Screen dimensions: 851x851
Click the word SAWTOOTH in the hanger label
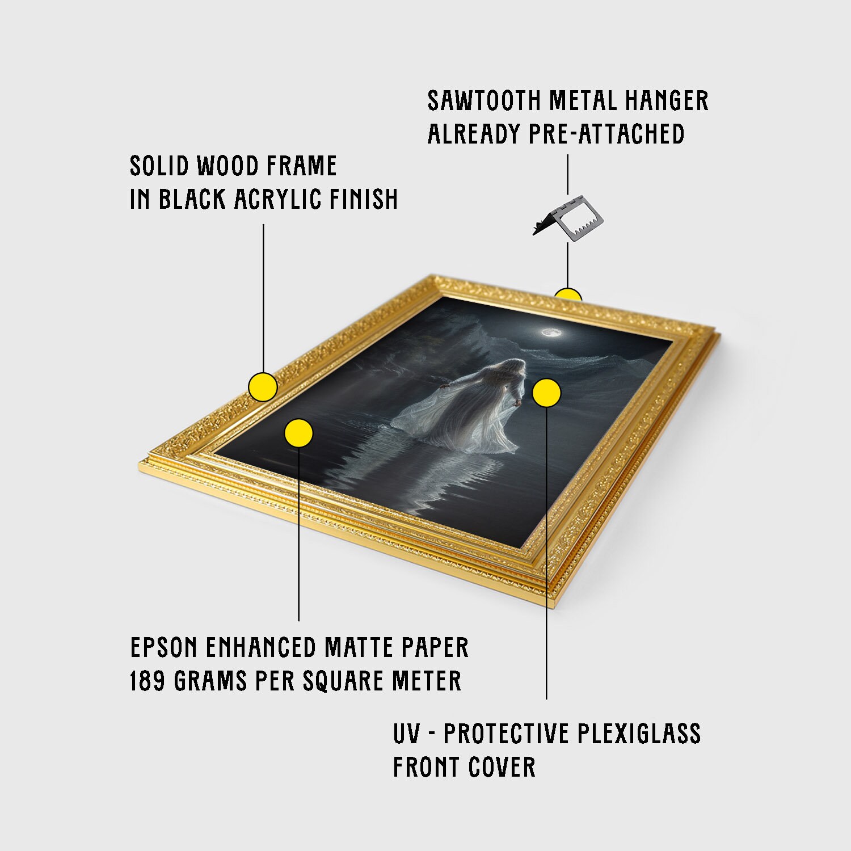483,101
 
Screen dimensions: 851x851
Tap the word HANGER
667,101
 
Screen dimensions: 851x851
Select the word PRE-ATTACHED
606,134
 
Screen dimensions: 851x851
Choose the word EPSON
164,647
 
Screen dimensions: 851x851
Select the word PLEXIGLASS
639,734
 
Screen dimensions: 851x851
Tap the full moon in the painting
549,332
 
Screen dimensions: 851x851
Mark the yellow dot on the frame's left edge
263,387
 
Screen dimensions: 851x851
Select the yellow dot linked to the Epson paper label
298,433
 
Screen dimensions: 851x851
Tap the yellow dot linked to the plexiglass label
547,393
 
